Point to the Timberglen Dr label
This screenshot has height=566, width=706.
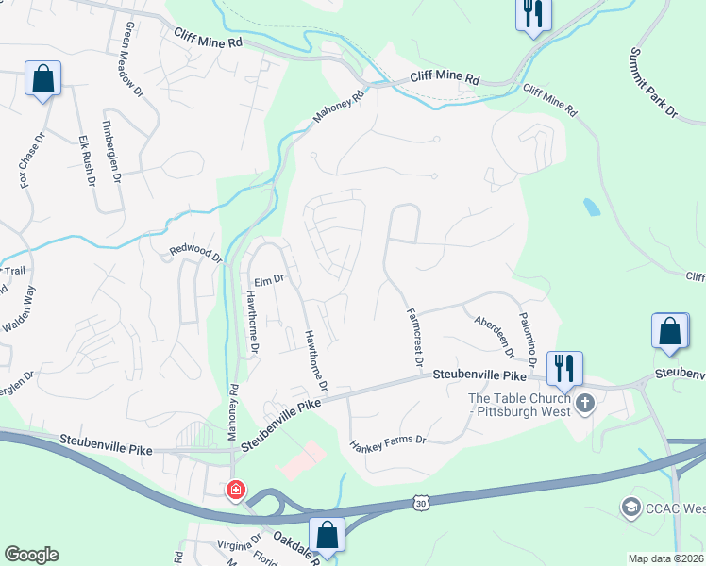112,152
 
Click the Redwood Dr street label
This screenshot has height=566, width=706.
194,253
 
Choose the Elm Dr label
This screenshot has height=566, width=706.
269,279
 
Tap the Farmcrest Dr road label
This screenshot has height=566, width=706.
414,336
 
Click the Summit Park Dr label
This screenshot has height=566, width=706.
654,84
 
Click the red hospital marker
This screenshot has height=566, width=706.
235,491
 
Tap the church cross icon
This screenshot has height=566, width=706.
585,405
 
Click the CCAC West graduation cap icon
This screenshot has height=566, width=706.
630,508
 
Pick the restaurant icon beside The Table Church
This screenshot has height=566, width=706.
564,366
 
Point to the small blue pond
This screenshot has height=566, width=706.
591,207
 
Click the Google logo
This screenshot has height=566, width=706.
31,555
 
